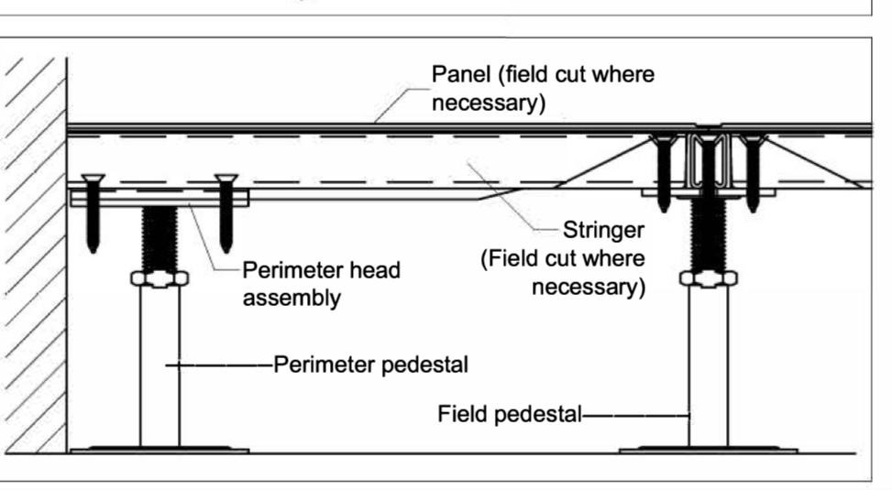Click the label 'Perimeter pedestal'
point(369,365)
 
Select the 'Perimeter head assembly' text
point(321,285)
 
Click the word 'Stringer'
point(603,228)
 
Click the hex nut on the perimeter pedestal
point(160,278)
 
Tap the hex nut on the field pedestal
point(710,278)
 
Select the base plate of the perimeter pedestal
point(160,449)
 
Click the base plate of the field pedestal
point(710,449)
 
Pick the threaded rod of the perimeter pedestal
point(160,236)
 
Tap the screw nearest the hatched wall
point(94,210)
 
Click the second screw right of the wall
point(226,210)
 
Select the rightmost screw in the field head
point(754,170)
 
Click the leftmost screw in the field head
point(663,170)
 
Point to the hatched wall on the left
point(32,256)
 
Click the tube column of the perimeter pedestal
point(160,366)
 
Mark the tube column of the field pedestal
point(710,366)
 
